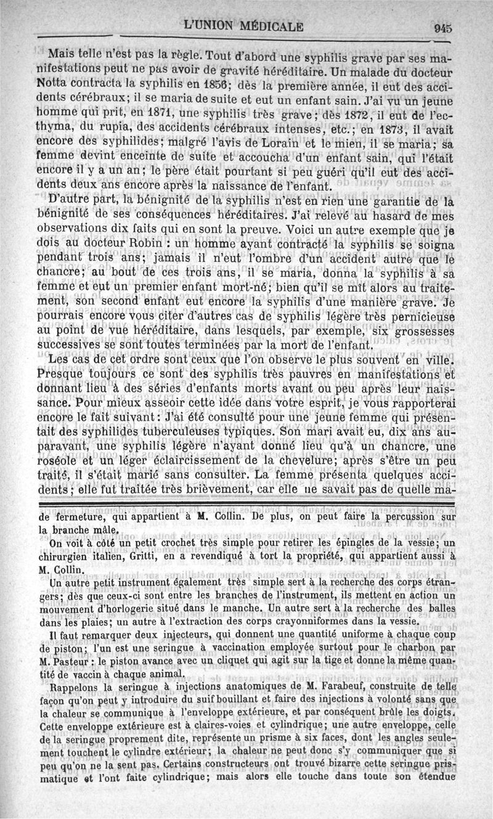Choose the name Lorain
pyautogui.click(x=284, y=147)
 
